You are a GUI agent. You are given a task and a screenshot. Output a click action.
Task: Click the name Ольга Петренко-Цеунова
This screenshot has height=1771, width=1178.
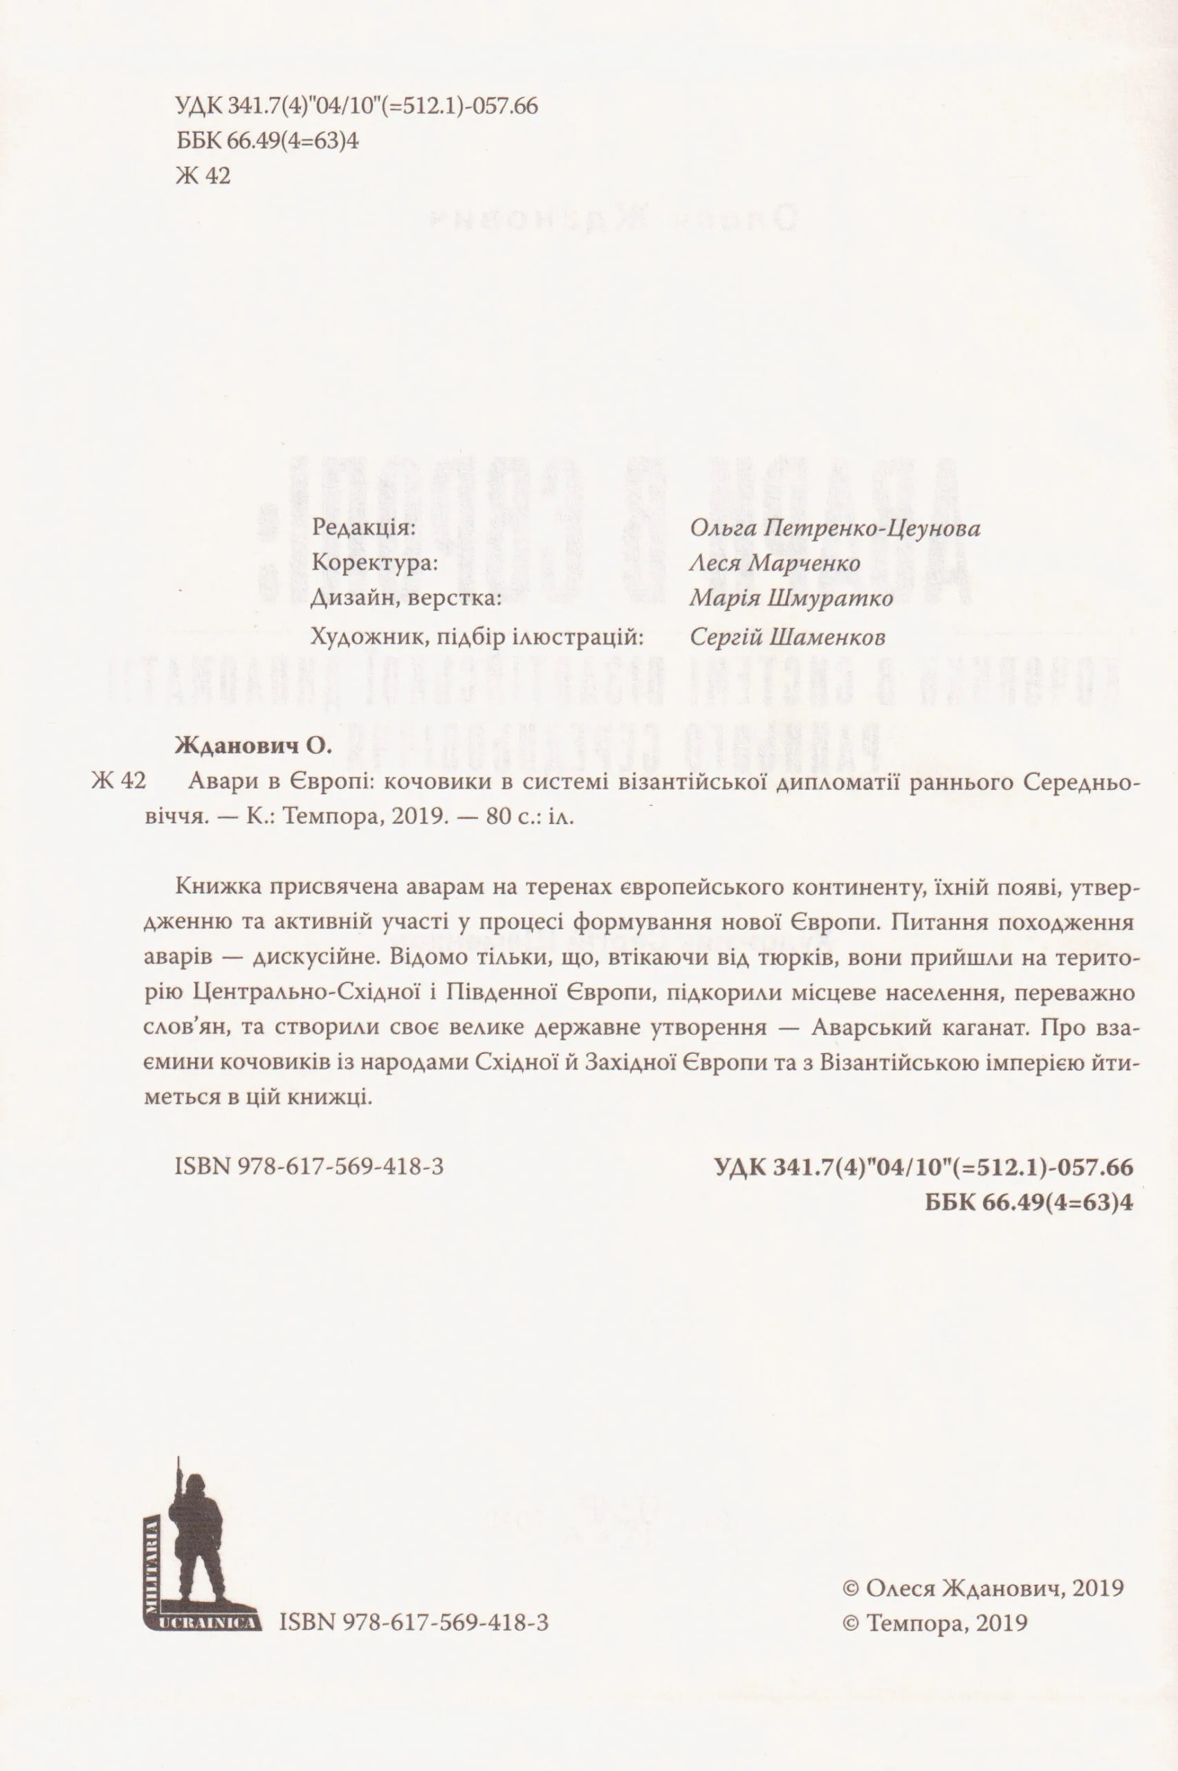[x=834, y=529]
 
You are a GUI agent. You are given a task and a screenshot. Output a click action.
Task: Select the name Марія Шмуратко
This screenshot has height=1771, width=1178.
[x=791, y=600]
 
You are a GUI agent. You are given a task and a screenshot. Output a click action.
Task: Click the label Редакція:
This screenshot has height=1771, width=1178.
[x=363, y=526]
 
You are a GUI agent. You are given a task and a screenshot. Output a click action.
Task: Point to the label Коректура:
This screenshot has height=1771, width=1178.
[x=373, y=563]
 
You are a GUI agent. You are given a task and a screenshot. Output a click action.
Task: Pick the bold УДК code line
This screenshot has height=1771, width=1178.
[x=923, y=1168]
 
